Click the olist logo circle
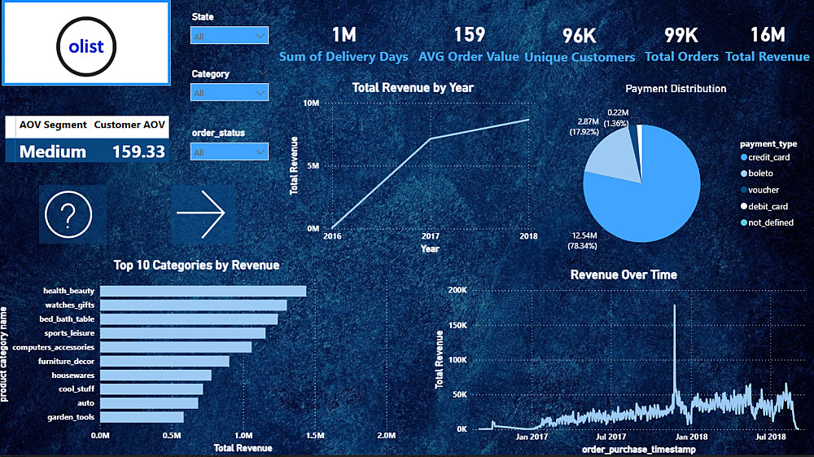[x=86, y=46]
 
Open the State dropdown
[x=229, y=35]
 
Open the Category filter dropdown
[x=229, y=92]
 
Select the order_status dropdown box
[x=229, y=152]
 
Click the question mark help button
[x=72, y=214]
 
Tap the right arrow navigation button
[x=201, y=213]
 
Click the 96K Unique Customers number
[x=580, y=35]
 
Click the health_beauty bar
[x=203, y=291]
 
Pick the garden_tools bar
[x=142, y=417]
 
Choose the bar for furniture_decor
[x=164, y=361]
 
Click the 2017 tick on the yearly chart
[x=430, y=236]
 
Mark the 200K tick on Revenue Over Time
[x=457, y=290]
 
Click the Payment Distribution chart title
[x=676, y=88]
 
